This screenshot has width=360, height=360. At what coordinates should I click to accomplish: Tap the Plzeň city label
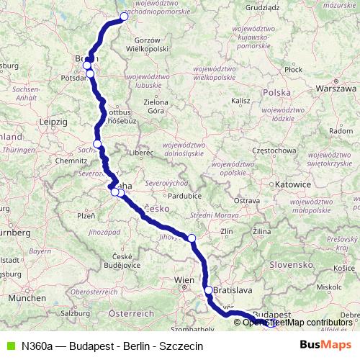coord(86,215)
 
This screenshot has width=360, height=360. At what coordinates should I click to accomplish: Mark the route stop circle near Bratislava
coord(209,290)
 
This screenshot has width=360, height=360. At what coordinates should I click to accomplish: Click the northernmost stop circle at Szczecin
coord(124,16)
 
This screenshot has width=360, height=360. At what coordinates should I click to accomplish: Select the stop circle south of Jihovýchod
coord(192,238)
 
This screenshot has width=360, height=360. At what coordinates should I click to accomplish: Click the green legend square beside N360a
coord(9,346)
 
